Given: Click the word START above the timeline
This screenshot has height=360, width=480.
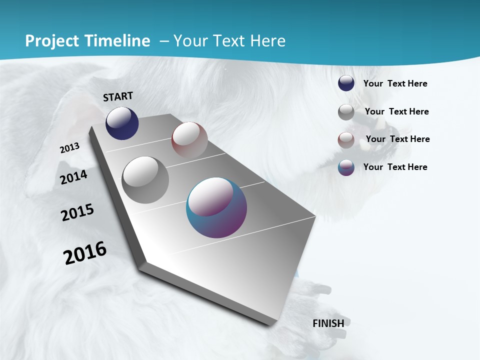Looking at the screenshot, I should (118, 96).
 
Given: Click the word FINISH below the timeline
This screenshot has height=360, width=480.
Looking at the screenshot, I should (328, 323).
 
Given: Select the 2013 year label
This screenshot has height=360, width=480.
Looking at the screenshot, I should (69, 147).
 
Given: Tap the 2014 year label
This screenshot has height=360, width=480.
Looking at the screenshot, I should (73, 177).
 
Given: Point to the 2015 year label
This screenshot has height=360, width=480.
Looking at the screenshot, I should (77, 212).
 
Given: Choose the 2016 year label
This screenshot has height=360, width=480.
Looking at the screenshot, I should (85, 252).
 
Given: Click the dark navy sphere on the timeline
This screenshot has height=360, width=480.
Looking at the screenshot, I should (122, 123).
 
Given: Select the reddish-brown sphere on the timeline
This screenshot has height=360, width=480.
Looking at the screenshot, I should (189, 139).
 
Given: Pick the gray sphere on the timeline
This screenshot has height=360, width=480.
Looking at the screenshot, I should (145, 180).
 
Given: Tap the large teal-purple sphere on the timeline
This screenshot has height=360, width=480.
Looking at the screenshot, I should (216, 207).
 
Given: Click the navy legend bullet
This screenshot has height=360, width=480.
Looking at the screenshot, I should (346, 83).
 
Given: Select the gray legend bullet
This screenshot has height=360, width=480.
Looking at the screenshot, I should (346, 112).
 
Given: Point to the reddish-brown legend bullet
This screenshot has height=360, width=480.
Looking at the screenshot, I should (346, 140).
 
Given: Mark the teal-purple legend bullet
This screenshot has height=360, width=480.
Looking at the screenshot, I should (346, 167).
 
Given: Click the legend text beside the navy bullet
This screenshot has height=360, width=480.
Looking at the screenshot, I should (395, 83).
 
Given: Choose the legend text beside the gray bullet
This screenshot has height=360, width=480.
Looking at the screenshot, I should (396, 111).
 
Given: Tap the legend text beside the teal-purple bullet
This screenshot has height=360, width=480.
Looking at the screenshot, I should (395, 167).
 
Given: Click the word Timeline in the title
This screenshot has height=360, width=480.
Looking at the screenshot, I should (117, 41).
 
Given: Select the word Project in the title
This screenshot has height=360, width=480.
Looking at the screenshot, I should (51, 41).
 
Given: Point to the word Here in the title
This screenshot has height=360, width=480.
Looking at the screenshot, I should (267, 41).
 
